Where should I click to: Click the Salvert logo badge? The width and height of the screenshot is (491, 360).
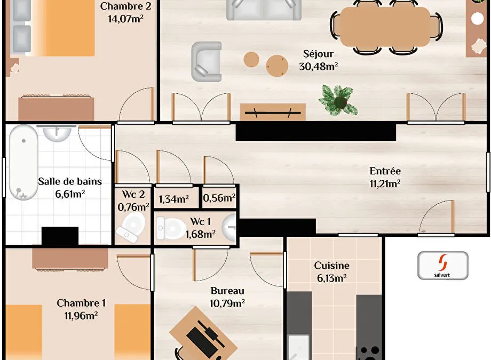443,266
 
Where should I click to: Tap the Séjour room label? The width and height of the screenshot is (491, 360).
318,54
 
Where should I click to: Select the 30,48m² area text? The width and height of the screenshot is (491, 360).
318,66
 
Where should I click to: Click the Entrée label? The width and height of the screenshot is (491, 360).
385,171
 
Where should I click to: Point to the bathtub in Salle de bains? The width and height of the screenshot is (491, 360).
23,162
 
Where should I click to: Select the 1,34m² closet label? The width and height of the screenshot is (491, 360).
173,199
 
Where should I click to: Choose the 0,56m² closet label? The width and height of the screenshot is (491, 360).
219,198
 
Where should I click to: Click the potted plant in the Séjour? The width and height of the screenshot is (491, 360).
338,100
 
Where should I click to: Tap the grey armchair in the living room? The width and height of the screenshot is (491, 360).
207,62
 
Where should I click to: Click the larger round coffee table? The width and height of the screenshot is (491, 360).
277,66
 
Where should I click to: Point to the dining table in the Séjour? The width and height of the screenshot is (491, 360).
385,27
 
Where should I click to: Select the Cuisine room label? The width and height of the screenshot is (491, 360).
331,266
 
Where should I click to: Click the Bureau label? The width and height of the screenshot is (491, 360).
227,291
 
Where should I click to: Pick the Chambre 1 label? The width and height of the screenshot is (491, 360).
81,303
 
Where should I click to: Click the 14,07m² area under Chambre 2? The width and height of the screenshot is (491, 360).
125,19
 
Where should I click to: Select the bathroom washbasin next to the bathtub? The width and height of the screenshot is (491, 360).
57,133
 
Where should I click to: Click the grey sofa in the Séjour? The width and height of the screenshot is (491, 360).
264,10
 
